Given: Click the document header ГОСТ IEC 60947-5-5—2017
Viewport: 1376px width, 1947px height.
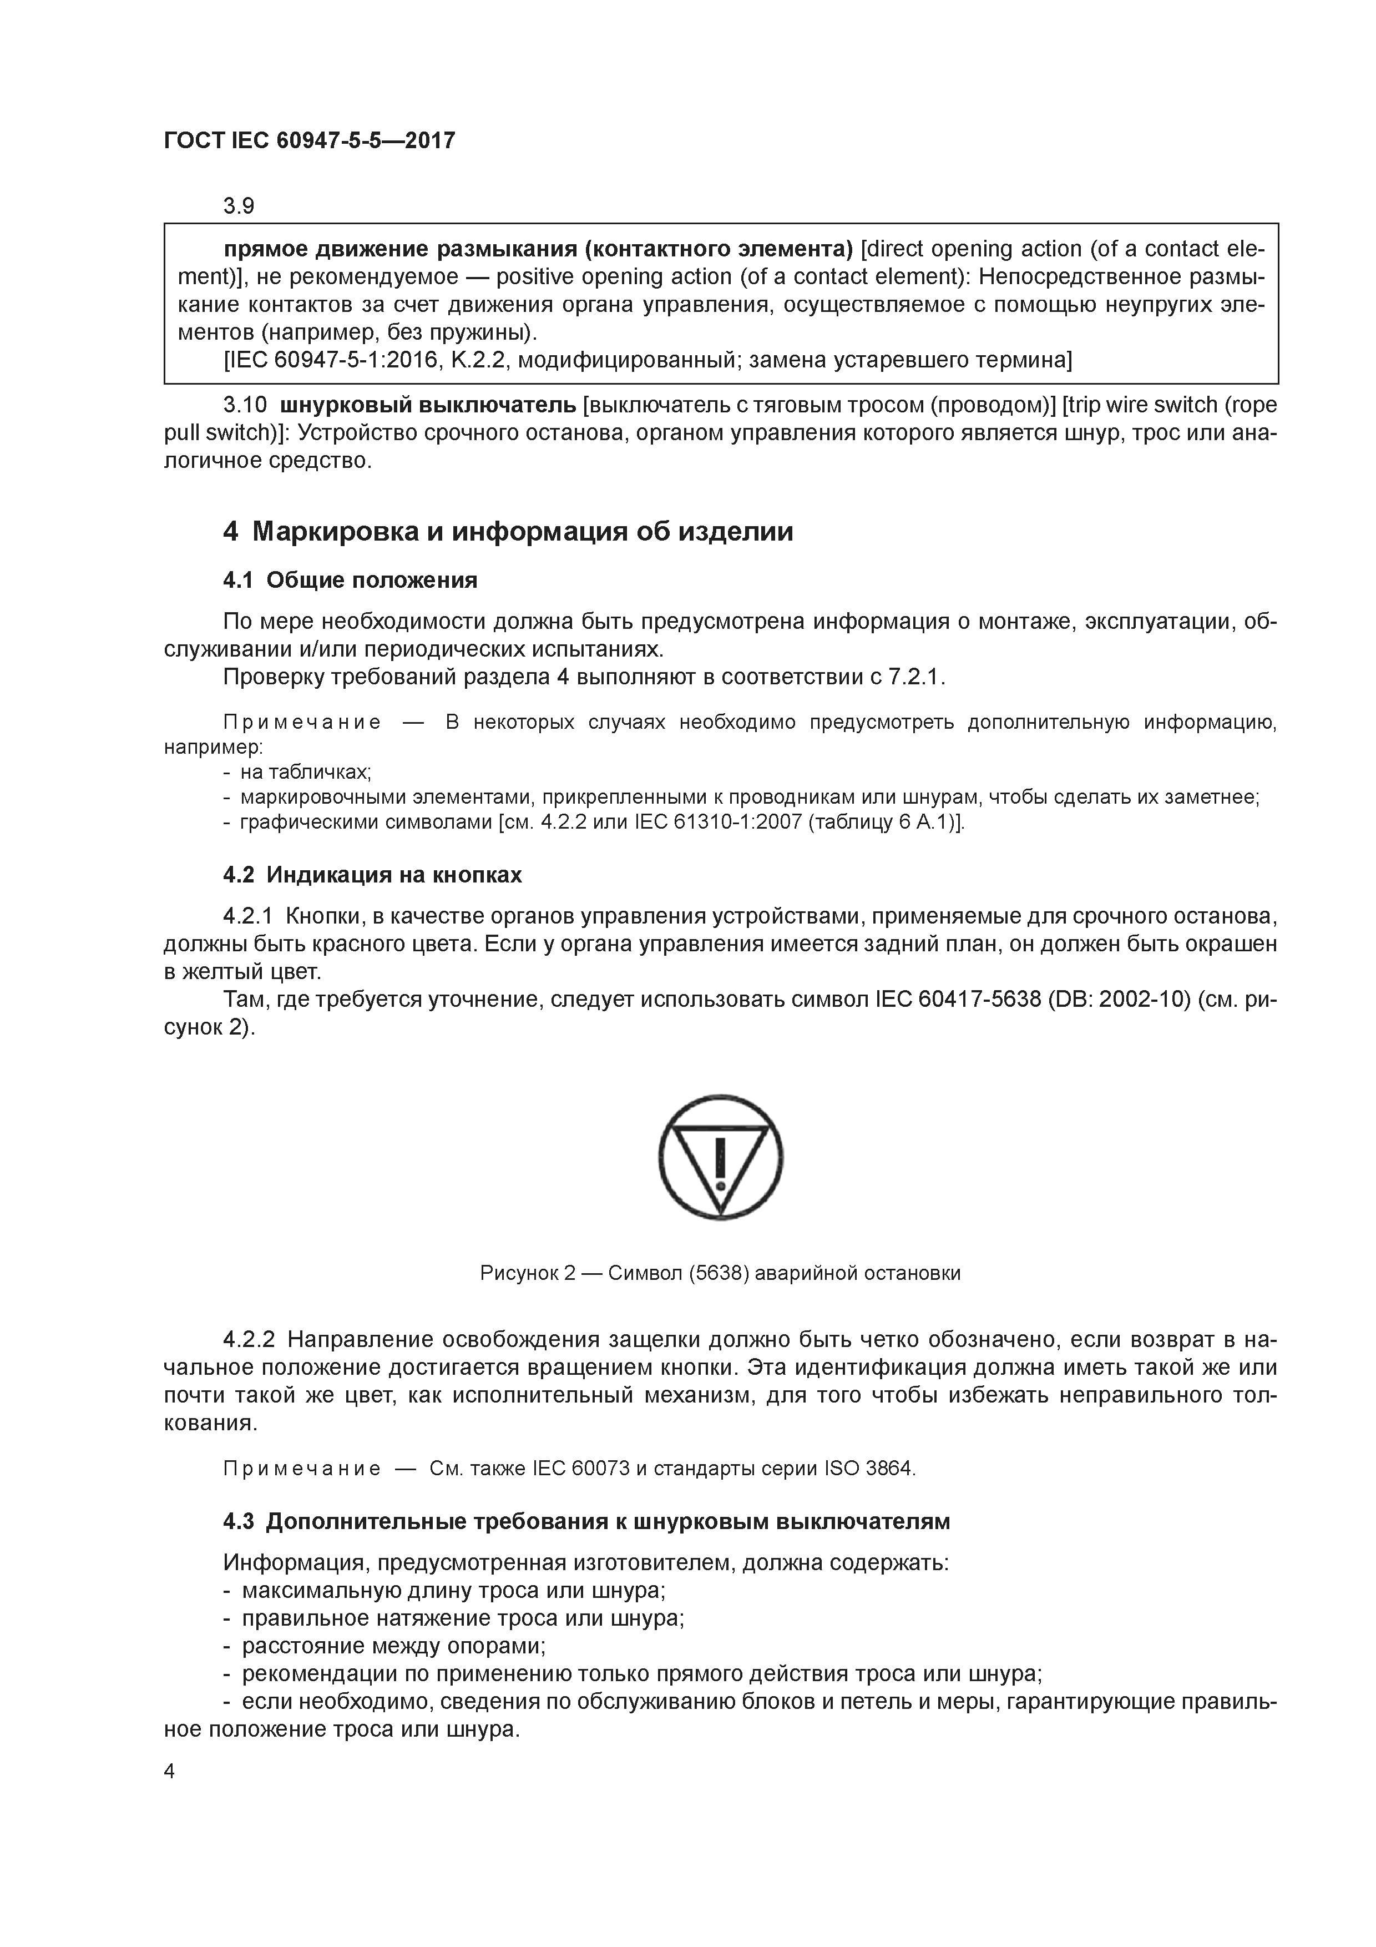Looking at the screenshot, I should click(x=310, y=140).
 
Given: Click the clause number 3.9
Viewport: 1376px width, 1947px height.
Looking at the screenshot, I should click(x=239, y=206).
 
